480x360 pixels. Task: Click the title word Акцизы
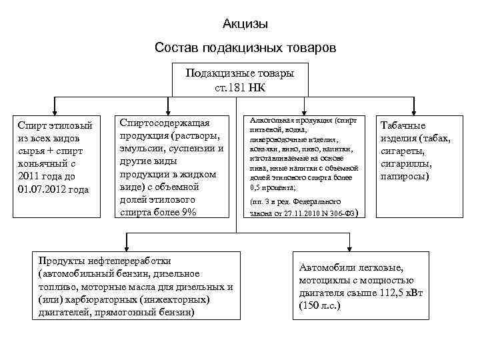[x=245, y=25]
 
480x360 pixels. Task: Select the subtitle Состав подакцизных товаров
[x=245, y=49]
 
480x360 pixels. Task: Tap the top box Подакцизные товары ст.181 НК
[x=239, y=79]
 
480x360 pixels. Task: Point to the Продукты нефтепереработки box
[x=136, y=285]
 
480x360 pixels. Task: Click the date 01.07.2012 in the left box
[x=32, y=189]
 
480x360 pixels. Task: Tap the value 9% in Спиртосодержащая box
[x=189, y=212]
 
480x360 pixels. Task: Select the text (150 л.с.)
[x=320, y=305]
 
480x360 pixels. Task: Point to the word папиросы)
[x=405, y=177]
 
